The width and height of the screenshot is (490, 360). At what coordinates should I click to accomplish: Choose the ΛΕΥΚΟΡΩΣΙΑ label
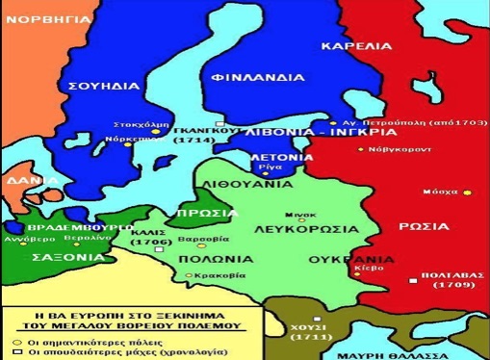pos(291,231)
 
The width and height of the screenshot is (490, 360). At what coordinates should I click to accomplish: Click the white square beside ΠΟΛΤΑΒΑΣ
pos(412,280)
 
